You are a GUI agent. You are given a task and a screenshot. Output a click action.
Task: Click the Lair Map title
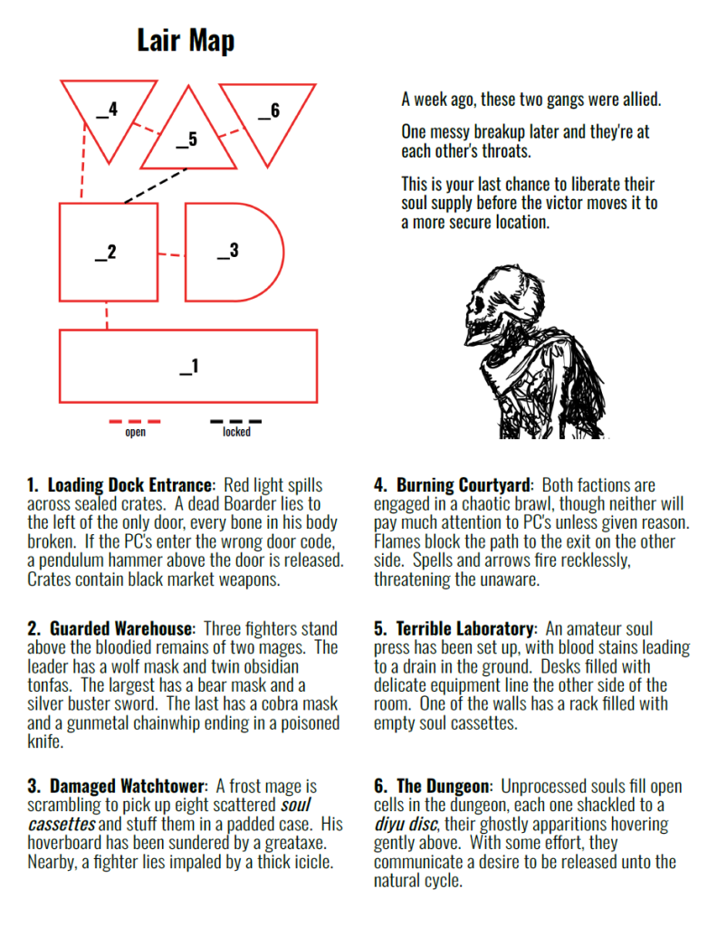coord(186,41)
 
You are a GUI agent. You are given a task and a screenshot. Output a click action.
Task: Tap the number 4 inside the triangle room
coord(113,109)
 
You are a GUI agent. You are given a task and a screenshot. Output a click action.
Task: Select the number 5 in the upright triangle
coord(193,139)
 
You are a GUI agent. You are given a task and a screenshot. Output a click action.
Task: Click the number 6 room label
coord(275,110)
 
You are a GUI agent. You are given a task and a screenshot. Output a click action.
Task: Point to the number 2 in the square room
coord(111,252)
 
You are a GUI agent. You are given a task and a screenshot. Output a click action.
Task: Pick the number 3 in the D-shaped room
coord(234,250)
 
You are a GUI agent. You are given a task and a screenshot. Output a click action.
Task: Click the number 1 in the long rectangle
coord(195,366)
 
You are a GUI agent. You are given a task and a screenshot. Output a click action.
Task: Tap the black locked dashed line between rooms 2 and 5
coord(156,186)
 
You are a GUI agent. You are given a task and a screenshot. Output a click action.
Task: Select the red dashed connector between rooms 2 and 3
coord(171,254)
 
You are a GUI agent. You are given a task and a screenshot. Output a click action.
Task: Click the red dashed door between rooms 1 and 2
coord(107,315)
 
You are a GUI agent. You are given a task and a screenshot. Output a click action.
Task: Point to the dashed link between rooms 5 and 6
coord(233,132)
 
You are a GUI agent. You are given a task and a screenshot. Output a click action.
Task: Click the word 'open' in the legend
coord(136,432)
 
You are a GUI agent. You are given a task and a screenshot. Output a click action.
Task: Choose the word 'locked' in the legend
coord(236,432)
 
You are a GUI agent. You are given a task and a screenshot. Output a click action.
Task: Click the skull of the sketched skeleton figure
coord(493,301)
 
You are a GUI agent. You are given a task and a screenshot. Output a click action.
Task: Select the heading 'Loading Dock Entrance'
coord(130,485)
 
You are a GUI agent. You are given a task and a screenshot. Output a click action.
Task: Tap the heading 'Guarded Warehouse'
coord(121,628)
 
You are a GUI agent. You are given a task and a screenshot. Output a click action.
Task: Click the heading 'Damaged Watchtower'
coord(128,786)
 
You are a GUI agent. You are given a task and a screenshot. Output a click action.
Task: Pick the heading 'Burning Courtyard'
coord(464,485)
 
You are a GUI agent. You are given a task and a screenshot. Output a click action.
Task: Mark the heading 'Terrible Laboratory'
coord(465,628)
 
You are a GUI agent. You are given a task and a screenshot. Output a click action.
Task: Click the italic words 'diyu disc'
coord(406,824)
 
